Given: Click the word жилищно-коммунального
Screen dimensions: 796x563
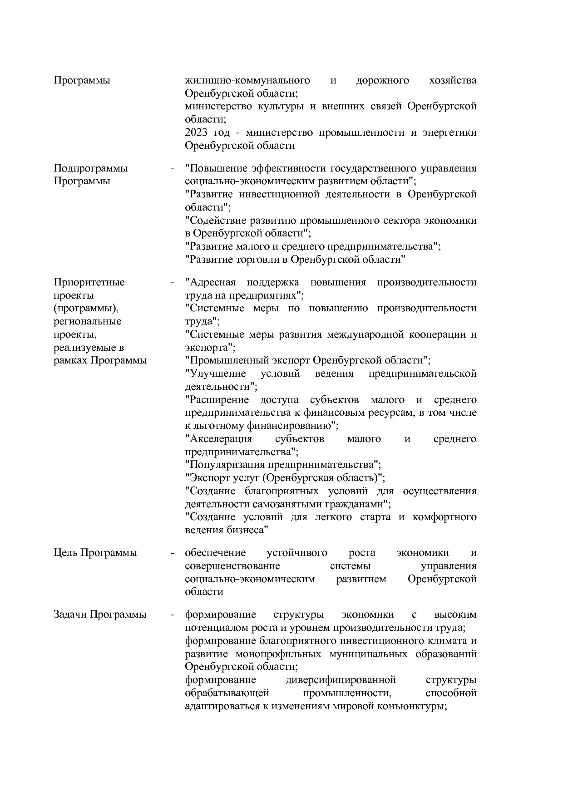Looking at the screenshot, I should coord(247,81).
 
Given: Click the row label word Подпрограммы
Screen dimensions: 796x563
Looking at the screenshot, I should coord(90,168).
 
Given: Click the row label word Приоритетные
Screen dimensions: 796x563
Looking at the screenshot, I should coord(89,282).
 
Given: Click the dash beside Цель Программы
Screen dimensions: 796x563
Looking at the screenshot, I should coord(173,553).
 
